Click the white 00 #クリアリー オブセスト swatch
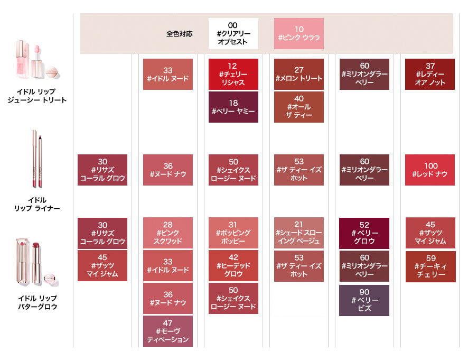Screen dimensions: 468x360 point(233,33)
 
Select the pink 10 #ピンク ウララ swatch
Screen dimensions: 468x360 point(299,33)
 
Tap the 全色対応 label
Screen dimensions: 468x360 point(179,34)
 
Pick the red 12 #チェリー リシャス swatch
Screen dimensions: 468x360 point(233,74)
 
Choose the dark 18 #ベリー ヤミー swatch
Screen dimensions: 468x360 point(233,107)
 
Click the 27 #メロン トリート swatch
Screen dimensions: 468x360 point(299,74)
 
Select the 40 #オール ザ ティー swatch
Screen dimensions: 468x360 point(299,107)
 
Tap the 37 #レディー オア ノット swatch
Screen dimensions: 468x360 point(430,74)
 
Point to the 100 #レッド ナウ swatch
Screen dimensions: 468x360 point(430,170)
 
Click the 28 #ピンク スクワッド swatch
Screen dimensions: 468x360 point(168,233)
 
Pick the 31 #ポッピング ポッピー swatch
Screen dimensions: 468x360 point(233,233)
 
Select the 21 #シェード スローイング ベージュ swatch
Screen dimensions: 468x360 point(299,233)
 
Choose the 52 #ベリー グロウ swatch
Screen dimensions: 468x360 point(364,233)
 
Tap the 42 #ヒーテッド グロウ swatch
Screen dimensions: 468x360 point(233,266)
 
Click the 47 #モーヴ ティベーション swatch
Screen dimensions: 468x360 point(168,331)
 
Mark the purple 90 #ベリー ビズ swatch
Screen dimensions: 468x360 point(364,301)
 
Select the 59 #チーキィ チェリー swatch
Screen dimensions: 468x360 point(430,266)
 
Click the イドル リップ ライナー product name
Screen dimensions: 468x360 point(37,204)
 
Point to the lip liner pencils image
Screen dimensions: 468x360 point(38,159)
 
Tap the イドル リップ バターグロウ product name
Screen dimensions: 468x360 point(38,302)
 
